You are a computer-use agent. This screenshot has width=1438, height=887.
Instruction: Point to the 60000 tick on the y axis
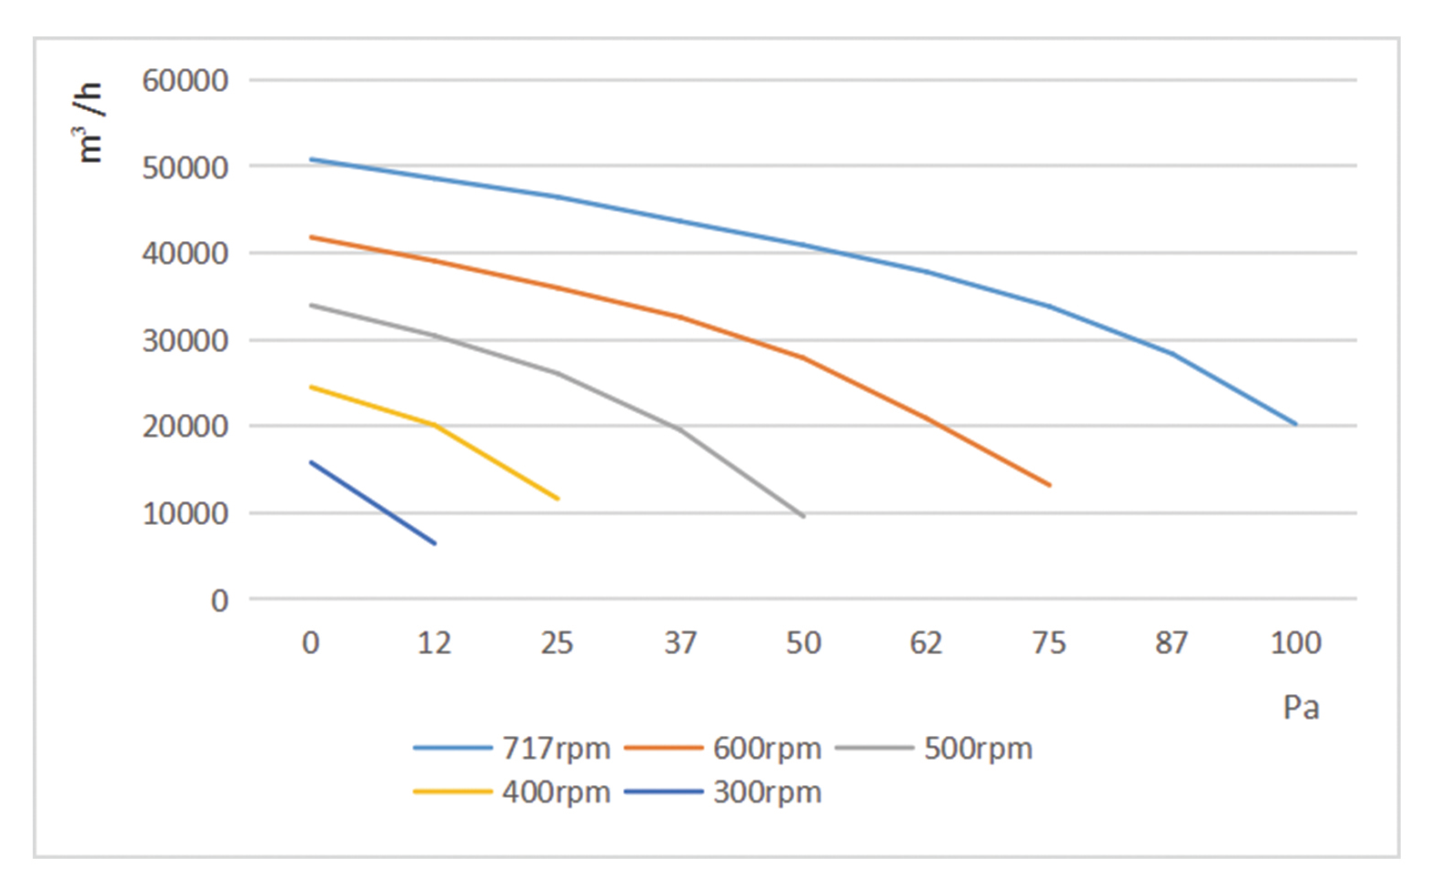tap(185, 81)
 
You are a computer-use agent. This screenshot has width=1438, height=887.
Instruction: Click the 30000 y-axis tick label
tap(185, 341)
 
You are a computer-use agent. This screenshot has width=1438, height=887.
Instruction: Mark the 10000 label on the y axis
tap(185, 514)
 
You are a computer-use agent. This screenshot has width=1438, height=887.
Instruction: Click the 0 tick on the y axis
tap(219, 600)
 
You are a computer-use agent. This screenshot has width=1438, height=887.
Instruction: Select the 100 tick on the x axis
tap(1295, 643)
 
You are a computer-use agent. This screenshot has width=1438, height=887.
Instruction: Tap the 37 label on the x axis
tap(680, 643)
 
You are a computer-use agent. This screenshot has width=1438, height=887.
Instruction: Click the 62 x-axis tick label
tap(926, 643)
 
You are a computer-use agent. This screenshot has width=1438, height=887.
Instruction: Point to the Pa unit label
tap(1301, 708)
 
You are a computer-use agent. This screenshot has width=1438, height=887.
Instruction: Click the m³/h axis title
tap(90, 123)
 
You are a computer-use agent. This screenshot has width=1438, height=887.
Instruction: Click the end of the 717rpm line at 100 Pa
tap(1295, 424)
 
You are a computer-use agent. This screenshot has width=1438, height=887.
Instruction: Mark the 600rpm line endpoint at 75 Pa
tap(1050, 485)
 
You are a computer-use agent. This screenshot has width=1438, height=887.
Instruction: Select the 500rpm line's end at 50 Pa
tap(804, 517)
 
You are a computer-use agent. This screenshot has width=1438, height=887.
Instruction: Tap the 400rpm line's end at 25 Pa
tap(558, 499)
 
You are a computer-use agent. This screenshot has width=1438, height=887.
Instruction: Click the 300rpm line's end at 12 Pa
tap(435, 543)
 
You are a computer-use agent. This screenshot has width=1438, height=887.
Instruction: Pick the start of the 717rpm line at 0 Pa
tap(311, 159)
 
